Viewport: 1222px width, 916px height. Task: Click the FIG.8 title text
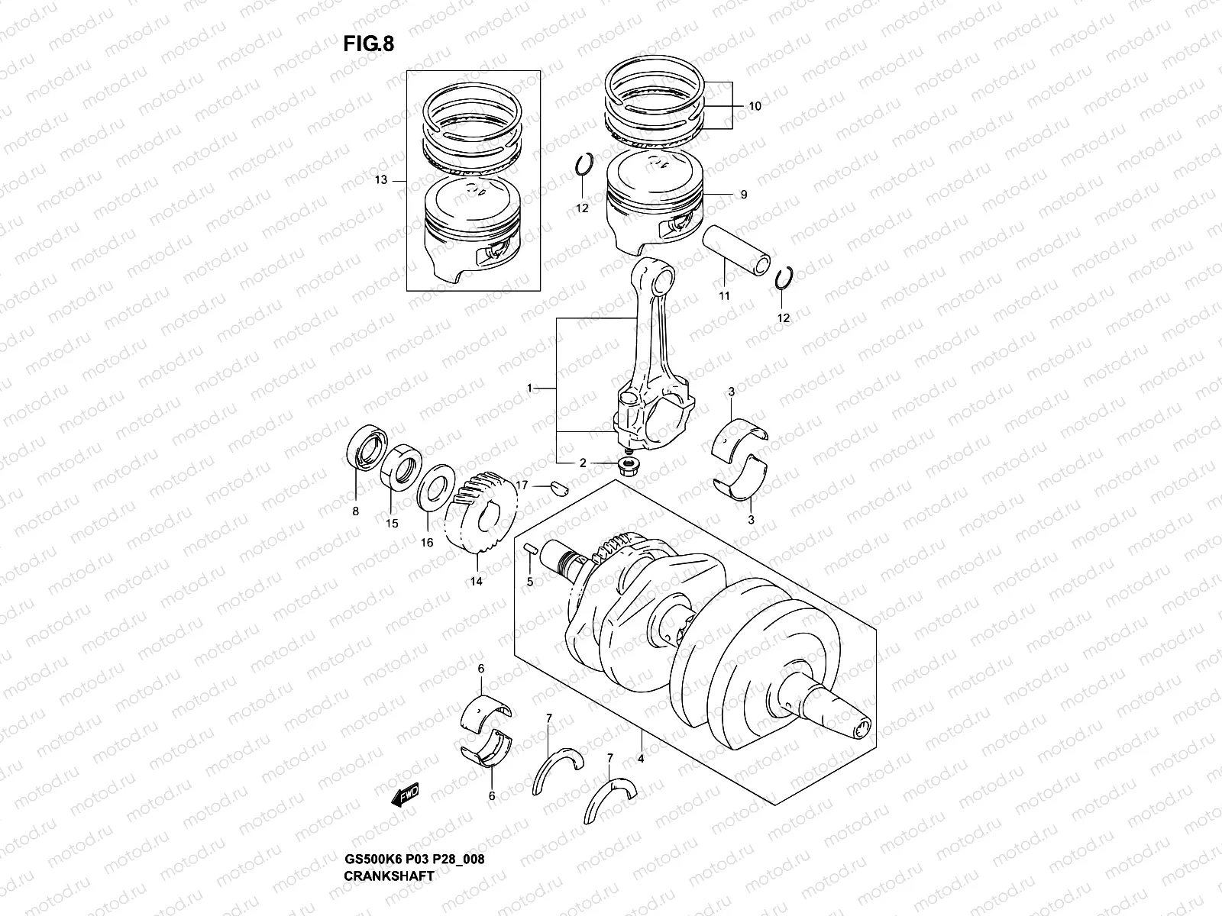tap(369, 44)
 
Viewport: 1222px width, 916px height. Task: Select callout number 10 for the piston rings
tap(755, 107)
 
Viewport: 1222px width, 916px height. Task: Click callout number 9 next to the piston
tap(743, 195)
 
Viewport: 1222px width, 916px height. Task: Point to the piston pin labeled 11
tap(739, 250)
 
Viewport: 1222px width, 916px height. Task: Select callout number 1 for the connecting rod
tap(529, 389)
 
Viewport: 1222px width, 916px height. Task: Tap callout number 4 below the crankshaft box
tap(641, 759)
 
